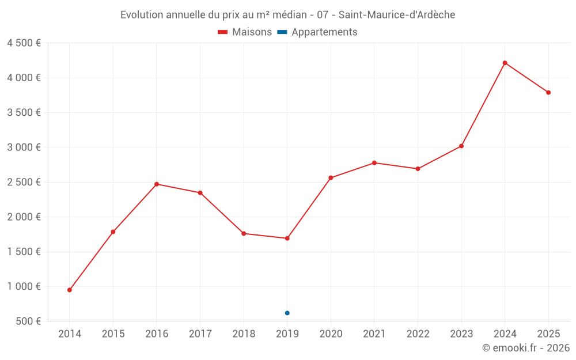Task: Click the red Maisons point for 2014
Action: (x=70, y=290)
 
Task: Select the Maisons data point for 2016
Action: (x=157, y=184)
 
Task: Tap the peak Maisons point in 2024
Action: (x=505, y=63)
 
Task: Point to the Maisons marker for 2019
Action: (x=287, y=238)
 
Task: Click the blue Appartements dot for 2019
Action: (x=287, y=313)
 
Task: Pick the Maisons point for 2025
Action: (x=548, y=92)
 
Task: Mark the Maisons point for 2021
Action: (x=374, y=163)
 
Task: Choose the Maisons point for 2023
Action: (x=461, y=146)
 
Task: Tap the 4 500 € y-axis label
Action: (x=24, y=43)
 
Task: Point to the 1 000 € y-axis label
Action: (x=24, y=287)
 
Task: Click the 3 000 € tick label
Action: (x=24, y=147)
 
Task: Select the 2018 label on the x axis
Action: (x=244, y=334)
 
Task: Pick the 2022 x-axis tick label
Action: (x=418, y=334)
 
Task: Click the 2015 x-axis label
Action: (x=113, y=334)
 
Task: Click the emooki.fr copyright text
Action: (x=526, y=348)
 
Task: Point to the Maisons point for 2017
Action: (x=200, y=192)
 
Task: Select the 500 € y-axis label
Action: (x=27, y=321)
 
